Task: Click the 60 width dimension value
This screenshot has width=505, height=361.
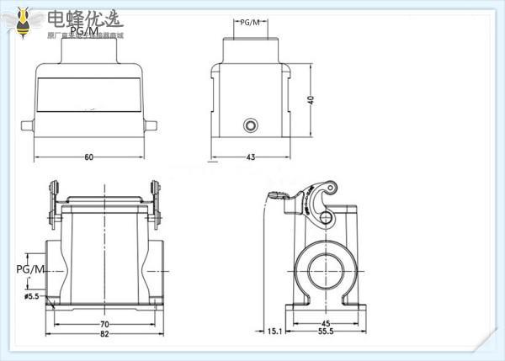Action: (x=88, y=157)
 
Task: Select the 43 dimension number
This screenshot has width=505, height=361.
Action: (x=250, y=157)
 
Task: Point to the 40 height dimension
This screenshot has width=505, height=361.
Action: (x=311, y=98)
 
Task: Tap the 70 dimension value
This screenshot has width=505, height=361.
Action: (x=105, y=323)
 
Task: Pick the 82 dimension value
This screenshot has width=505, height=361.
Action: (x=105, y=335)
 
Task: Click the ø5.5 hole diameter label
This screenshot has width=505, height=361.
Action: (x=32, y=296)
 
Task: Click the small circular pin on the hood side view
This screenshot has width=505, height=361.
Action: (x=250, y=126)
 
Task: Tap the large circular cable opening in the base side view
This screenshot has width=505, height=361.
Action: (x=325, y=269)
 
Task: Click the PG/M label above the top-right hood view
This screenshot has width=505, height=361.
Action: (x=250, y=24)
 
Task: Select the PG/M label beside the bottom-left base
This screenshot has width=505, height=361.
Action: (x=31, y=268)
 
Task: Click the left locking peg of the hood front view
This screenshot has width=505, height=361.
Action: (x=27, y=126)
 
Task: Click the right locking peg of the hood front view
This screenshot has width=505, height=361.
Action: (x=151, y=126)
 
